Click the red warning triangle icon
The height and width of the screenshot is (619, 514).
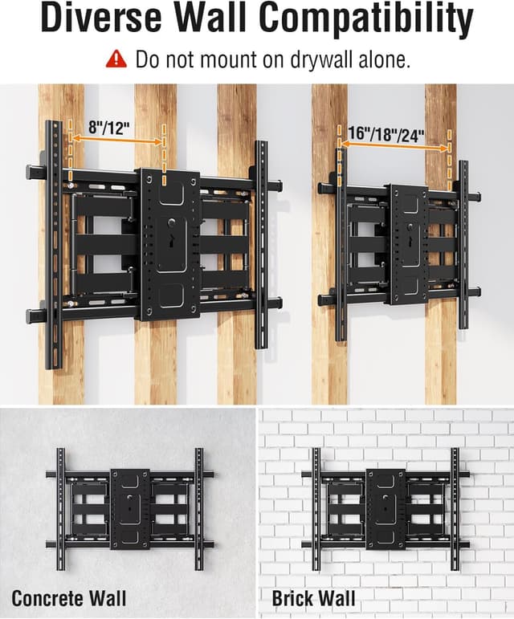(118, 59)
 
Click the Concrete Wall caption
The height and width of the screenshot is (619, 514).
(68, 597)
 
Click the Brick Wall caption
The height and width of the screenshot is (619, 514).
(313, 597)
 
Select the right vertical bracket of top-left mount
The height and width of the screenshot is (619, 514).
(261, 244)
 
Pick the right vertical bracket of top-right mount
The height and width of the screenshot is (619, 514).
(463, 244)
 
